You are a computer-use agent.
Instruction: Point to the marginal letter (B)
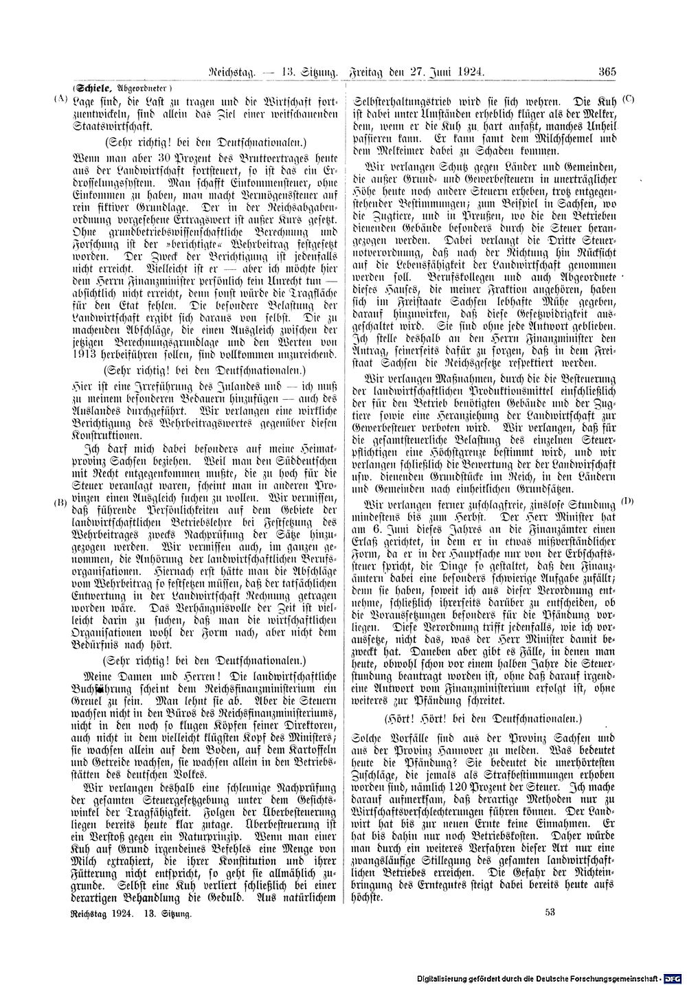60,503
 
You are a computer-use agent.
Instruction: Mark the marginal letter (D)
627,501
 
